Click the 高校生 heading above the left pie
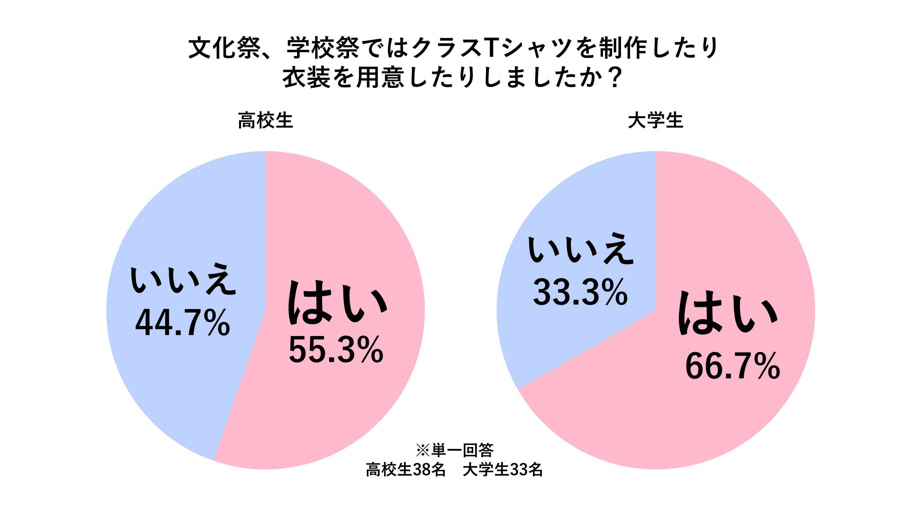[265, 120]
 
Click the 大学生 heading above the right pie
[655, 120]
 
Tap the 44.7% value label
[183, 323]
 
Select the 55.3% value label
[336, 351]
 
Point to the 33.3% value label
[580, 292]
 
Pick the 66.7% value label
[733, 366]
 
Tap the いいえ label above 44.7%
[183, 279]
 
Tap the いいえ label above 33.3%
[581, 249]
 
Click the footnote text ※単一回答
[455, 450]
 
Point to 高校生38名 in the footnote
[405, 469]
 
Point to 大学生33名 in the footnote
[503, 469]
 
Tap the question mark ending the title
[615, 78]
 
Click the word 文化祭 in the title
[225, 48]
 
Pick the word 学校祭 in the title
[323, 48]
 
